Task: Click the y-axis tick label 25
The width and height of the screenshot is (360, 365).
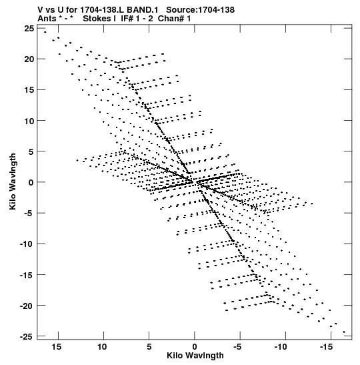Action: point(29,29)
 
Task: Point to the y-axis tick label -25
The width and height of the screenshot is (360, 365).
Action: point(27,336)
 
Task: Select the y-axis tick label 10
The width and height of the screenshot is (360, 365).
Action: point(29,121)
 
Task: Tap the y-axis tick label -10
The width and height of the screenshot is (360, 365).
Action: point(27,244)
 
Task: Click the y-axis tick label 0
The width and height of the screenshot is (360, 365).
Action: point(31,182)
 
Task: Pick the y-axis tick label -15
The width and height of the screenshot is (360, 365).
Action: point(27,275)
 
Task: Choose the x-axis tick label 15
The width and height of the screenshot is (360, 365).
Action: point(57,347)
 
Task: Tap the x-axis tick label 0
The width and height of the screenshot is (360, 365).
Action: point(195,347)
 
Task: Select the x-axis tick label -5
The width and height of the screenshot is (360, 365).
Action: point(238,347)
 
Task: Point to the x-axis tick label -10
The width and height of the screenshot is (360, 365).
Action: point(281,347)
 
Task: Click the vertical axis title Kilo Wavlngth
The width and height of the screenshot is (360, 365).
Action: point(13,181)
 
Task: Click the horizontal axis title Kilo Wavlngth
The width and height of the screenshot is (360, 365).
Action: point(195,356)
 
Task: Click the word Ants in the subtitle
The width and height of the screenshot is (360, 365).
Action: point(47,19)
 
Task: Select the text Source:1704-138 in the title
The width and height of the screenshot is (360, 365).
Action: point(200,10)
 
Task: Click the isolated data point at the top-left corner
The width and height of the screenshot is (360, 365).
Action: point(45,32)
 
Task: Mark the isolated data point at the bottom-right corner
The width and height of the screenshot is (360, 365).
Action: point(344,332)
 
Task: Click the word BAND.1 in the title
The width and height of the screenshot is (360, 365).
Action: point(143,10)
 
